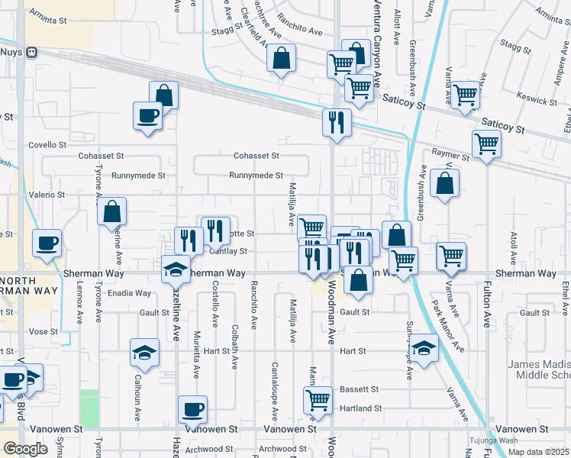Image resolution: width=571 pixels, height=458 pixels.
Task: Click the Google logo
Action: (x=26, y=449)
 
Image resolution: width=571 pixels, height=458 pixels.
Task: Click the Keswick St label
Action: (x=537, y=100)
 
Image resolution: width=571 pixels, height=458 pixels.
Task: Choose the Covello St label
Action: (x=48, y=144)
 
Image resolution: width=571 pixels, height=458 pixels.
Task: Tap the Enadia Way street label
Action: (x=130, y=293)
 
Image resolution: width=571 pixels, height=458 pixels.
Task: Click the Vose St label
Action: (x=43, y=331)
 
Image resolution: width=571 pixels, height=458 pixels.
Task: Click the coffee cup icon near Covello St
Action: (x=148, y=116)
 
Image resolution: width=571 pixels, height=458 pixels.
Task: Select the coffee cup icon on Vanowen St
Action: (x=192, y=408)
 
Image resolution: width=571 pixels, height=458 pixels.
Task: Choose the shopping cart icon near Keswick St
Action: (x=465, y=94)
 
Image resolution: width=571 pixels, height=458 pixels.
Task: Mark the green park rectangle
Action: (x=89, y=408)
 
